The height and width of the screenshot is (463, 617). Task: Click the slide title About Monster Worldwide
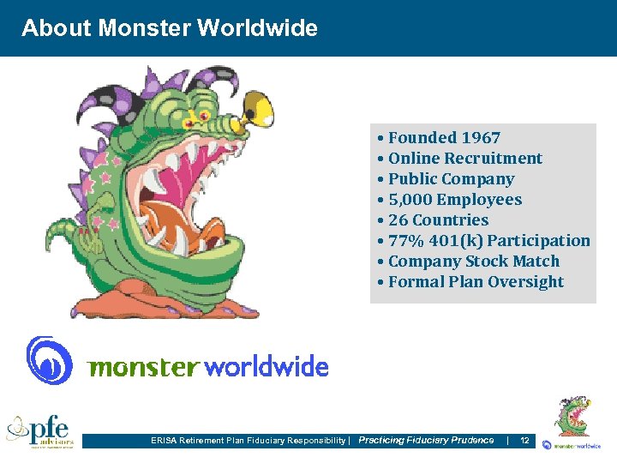click(x=170, y=28)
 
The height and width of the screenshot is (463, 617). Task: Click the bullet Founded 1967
click(x=444, y=137)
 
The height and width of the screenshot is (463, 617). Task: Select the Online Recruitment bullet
click(x=464, y=158)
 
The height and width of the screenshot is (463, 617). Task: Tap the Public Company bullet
click(x=451, y=178)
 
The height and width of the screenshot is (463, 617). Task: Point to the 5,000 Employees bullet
click(x=454, y=199)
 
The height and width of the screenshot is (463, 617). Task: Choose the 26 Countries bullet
click(x=438, y=219)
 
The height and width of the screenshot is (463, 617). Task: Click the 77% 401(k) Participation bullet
click(x=488, y=240)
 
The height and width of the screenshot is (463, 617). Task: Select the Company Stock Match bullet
click(x=473, y=261)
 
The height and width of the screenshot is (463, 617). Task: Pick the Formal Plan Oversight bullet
click(x=476, y=281)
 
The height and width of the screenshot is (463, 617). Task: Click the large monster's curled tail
click(x=68, y=240)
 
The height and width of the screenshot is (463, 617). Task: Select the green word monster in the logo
click(x=144, y=368)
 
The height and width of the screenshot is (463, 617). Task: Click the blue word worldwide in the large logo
click(x=267, y=367)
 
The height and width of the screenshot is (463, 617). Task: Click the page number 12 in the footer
click(x=524, y=440)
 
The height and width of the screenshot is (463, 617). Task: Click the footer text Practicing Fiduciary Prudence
click(x=426, y=440)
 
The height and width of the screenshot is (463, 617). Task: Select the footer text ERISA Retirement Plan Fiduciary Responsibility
click(x=249, y=441)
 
